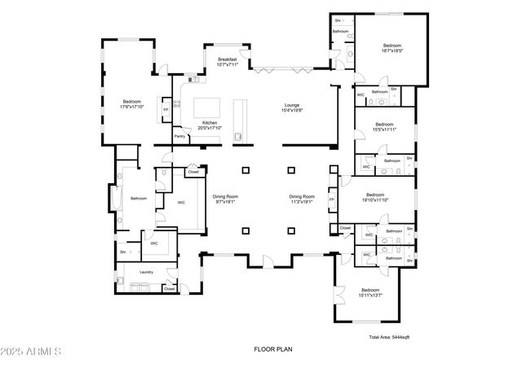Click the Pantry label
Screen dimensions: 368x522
[179, 137]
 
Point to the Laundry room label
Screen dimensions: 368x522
[147, 272]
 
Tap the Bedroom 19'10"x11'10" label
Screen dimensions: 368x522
[375, 197]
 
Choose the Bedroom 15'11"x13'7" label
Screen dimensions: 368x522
[370, 292]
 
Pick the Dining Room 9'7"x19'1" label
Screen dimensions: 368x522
[225, 199]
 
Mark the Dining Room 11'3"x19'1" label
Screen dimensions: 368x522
[302, 199]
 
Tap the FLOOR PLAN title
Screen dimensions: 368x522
[272, 349]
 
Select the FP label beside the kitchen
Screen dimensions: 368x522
[166, 109]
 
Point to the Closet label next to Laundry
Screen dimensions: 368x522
[170, 288]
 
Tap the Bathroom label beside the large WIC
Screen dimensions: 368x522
[138, 198]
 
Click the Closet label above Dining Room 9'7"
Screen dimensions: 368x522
[193, 172]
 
